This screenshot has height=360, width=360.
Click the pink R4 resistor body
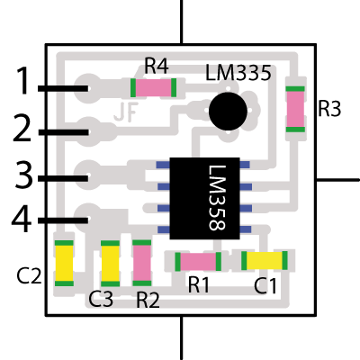153,87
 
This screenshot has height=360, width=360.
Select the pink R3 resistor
295,109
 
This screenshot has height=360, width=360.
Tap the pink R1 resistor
198,262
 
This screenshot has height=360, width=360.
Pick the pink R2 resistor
142,263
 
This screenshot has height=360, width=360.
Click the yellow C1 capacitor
265,260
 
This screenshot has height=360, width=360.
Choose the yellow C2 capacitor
64,264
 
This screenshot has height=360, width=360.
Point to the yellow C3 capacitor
110,264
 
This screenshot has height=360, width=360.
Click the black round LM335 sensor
228,112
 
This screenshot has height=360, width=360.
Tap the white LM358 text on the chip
217,198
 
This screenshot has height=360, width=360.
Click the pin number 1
23,80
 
